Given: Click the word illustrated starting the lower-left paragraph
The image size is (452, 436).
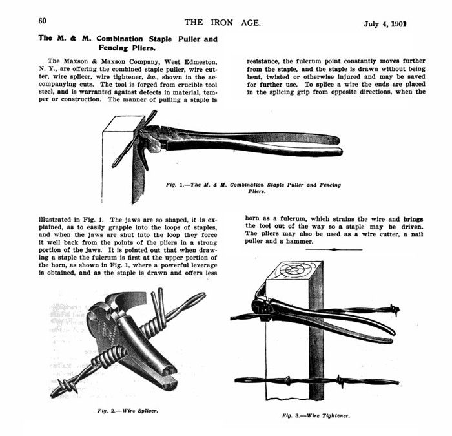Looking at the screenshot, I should [53, 220].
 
